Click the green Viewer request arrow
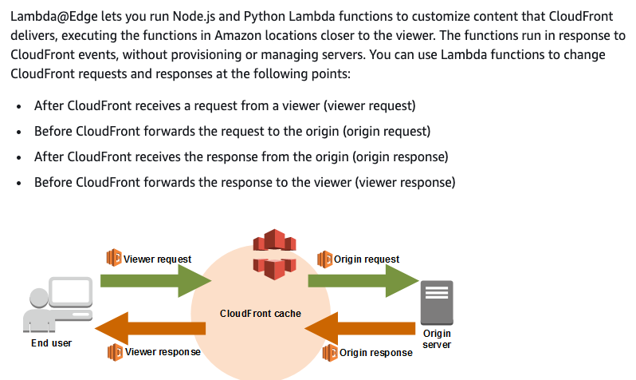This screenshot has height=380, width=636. pos(155,280)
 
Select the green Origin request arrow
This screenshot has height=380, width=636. pos(363,280)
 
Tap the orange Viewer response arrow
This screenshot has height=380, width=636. pos(151,328)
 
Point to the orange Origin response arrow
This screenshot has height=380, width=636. pos(359,328)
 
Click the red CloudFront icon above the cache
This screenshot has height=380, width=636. pos(275,255)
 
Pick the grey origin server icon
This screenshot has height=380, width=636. pos(437,303)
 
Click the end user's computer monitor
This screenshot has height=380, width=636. pos(71,292)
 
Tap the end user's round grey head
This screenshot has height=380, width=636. pos(39,298)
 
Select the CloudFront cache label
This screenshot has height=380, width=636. pos(261,314)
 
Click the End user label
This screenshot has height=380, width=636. pos(52,343)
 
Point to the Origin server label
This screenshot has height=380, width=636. pos(437,339)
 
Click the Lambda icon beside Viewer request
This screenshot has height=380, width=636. pos(114,258)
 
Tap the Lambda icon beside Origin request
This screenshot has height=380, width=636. pos(324,259)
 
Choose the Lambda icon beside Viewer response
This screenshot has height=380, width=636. pos(116,352)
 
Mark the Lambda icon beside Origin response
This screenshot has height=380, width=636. pos(330,352)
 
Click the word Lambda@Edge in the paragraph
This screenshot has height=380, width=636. pos(54,16)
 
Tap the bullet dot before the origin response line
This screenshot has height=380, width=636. pos(18,157)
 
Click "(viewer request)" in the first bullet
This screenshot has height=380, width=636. pos(370,105)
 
